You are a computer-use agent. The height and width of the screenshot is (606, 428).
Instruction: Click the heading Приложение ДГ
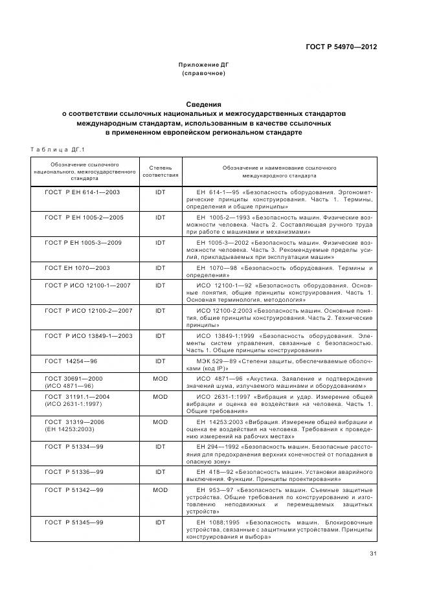click(204, 65)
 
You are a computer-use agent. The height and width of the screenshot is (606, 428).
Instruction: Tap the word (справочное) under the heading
click(204, 74)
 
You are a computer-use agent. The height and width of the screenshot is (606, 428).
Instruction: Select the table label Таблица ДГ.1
click(58, 150)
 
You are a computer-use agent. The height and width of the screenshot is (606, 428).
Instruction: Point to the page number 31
click(373, 552)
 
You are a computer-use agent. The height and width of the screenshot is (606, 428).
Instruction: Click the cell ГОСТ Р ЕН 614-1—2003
click(82, 192)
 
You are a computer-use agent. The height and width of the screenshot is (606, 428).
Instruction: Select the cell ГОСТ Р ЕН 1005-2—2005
click(84, 217)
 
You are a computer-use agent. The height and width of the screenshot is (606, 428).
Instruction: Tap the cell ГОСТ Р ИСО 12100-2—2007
click(89, 310)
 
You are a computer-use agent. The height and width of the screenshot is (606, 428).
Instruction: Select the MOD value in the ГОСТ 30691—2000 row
click(161, 377)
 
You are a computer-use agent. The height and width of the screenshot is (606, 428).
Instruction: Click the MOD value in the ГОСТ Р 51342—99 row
click(161, 489)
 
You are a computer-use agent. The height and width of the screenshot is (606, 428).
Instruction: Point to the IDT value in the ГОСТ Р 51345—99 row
click(161, 521)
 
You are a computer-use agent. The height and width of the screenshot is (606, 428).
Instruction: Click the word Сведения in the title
click(204, 104)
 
